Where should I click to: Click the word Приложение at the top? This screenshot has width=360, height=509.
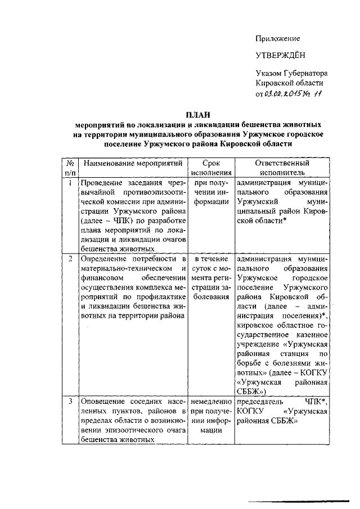click(277, 39)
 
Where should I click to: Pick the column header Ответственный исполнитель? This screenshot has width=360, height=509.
click(282, 168)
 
